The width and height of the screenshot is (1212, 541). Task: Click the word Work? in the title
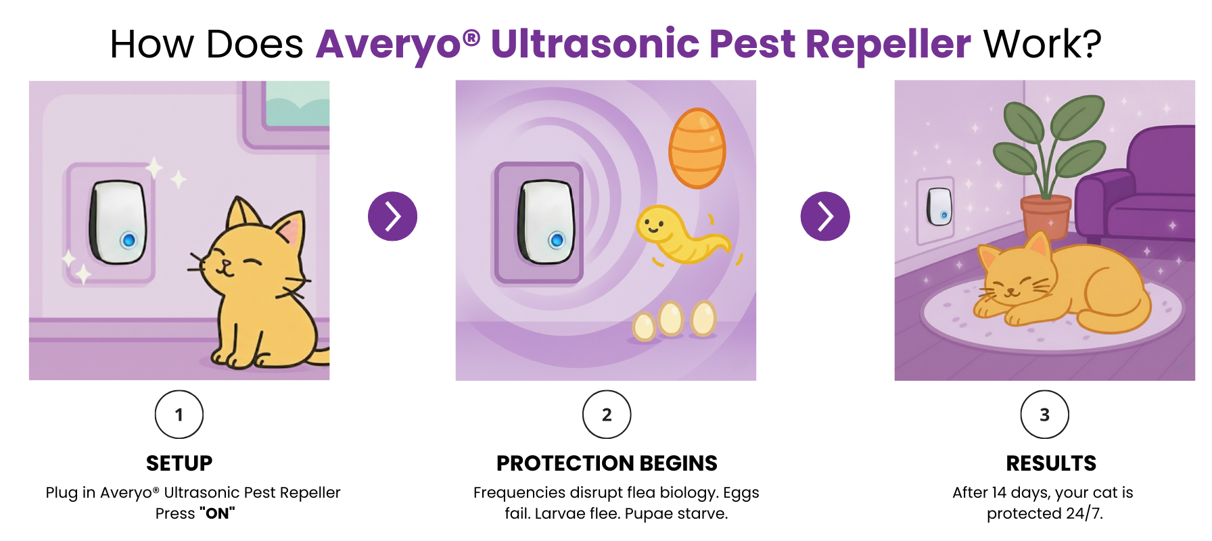point(1042,45)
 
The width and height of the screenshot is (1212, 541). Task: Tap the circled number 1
point(179,415)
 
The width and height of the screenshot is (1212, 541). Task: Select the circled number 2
point(607,415)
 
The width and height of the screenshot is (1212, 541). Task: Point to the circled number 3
point(1045,415)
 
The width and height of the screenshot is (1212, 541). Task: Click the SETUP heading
point(179,463)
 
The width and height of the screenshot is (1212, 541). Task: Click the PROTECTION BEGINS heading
point(607,463)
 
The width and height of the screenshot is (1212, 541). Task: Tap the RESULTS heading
point(1051,463)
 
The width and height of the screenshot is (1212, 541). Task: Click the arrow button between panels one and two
point(392,216)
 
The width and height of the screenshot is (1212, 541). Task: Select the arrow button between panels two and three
point(825,216)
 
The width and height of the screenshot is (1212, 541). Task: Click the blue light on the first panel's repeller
point(129,240)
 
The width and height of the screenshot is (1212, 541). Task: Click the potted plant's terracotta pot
point(1046,216)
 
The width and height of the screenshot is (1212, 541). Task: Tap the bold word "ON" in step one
point(217,513)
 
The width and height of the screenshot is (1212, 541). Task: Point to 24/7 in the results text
point(1084,513)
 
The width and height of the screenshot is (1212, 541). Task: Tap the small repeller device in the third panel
point(939,206)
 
